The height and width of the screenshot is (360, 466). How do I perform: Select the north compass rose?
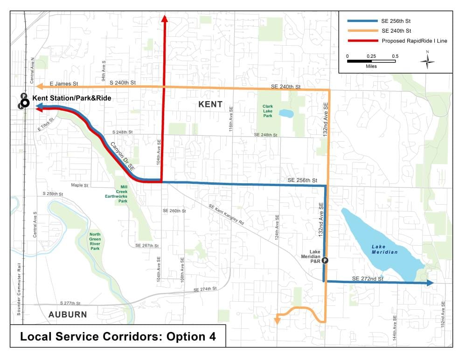click(x=427, y=61)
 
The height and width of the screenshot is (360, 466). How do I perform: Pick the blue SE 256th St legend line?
click(x=361, y=21)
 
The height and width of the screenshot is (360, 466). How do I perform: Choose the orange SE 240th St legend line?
click(x=361, y=31)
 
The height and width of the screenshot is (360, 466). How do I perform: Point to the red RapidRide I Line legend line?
click(x=361, y=41)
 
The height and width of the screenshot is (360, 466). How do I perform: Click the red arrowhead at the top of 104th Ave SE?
click(x=164, y=18)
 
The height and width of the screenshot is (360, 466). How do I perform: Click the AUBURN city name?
click(x=68, y=314)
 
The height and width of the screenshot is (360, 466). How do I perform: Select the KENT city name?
click(x=210, y=104)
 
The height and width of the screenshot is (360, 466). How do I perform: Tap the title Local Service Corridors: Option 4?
click(x=118, y=337)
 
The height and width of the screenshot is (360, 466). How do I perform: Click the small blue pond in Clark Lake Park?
click(x=286, y=113)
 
